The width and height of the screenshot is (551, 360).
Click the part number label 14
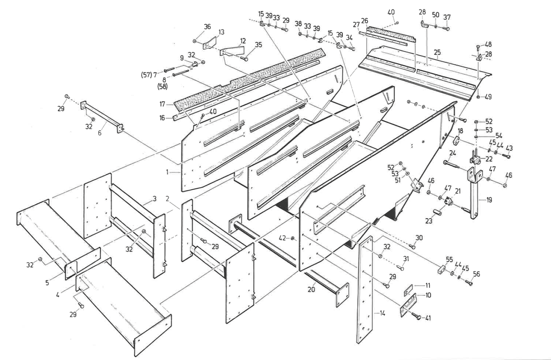382,313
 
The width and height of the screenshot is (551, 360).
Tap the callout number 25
437,53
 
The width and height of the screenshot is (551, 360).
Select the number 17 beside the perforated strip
163,104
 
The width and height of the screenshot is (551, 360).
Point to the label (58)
162,86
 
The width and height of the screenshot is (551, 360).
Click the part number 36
207,27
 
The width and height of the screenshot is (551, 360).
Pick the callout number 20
311,289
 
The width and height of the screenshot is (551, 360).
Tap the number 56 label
476,274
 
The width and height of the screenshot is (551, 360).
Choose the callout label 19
489,200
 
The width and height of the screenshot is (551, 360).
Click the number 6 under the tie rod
100,133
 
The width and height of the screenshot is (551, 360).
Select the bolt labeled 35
245,59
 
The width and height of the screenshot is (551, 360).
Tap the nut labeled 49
478,97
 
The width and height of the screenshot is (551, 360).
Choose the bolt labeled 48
478,47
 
